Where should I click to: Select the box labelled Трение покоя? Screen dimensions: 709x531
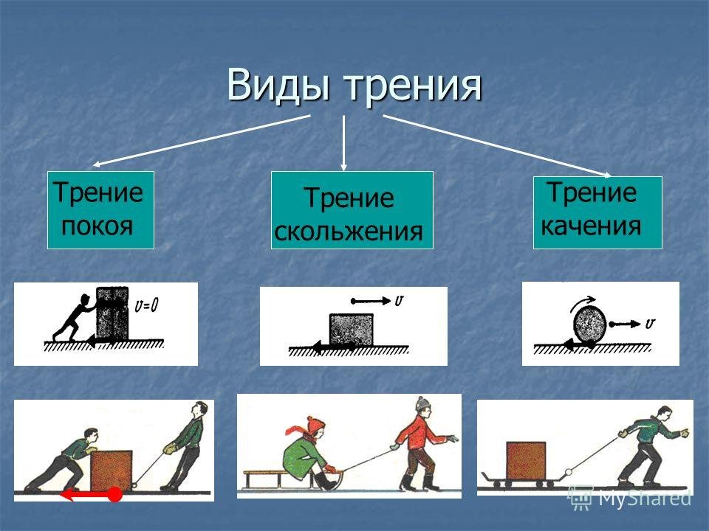[x=101, y=210]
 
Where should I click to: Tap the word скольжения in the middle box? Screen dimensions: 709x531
[x=348, y=232]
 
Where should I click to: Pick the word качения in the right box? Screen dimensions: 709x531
[x=591, y=226]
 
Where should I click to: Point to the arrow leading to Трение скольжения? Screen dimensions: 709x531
[x=343, y=142]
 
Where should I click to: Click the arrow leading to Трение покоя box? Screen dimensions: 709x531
[x=202, y=141]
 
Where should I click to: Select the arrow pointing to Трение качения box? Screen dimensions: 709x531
[x=497, y=146]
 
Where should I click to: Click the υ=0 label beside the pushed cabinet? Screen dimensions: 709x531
[x=146, y=305]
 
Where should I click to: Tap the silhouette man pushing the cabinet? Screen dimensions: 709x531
[x=73, y=317]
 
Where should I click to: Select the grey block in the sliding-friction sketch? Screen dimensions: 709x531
[x=352, y=330]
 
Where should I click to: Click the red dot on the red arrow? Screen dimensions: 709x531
[x=115, y=494]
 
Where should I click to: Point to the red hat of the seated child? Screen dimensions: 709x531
[x=310, y=427]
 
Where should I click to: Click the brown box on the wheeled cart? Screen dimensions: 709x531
[x=526, y=460]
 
